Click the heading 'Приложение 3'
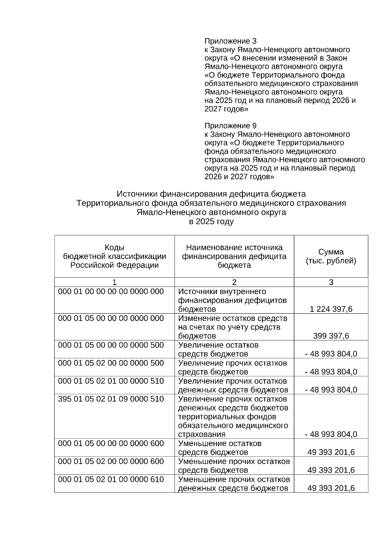[230, 41]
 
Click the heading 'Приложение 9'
[230, 125]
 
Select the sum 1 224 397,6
[331, 309]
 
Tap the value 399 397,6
[331, 336]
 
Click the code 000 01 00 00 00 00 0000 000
[111, 292]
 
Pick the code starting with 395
[111, 399]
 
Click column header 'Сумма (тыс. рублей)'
[331, 256]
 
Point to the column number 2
[234, 282]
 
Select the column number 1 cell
[115, 282]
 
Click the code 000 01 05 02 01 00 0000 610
[111, 479]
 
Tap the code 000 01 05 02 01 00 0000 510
[111, 381]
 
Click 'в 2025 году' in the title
[211, 221]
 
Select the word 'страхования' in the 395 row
[202, 434]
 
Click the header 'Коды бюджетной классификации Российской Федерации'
[115, 256]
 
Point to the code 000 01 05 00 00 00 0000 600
[111, 443]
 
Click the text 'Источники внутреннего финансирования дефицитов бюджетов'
[232, 300]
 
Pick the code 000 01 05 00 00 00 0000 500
[111, 345]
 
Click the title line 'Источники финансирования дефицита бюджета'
[211, 194]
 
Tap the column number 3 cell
[331, 282]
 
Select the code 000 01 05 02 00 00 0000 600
[111, 461]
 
